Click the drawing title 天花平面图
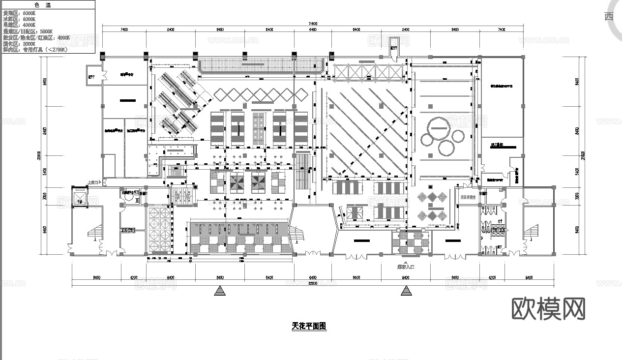click(309, 326)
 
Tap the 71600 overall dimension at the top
click(313, 24)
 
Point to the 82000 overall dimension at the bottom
click(313, 283)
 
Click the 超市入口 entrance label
click(406, 267)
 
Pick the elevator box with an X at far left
click(78, 196)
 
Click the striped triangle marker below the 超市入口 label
click(406, 292)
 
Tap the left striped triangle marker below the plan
click(220, 292)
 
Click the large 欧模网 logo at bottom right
click(548, 309)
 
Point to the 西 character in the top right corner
click(609, 16)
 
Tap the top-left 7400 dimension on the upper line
click(124, 30)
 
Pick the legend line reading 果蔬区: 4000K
click(19, 25)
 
